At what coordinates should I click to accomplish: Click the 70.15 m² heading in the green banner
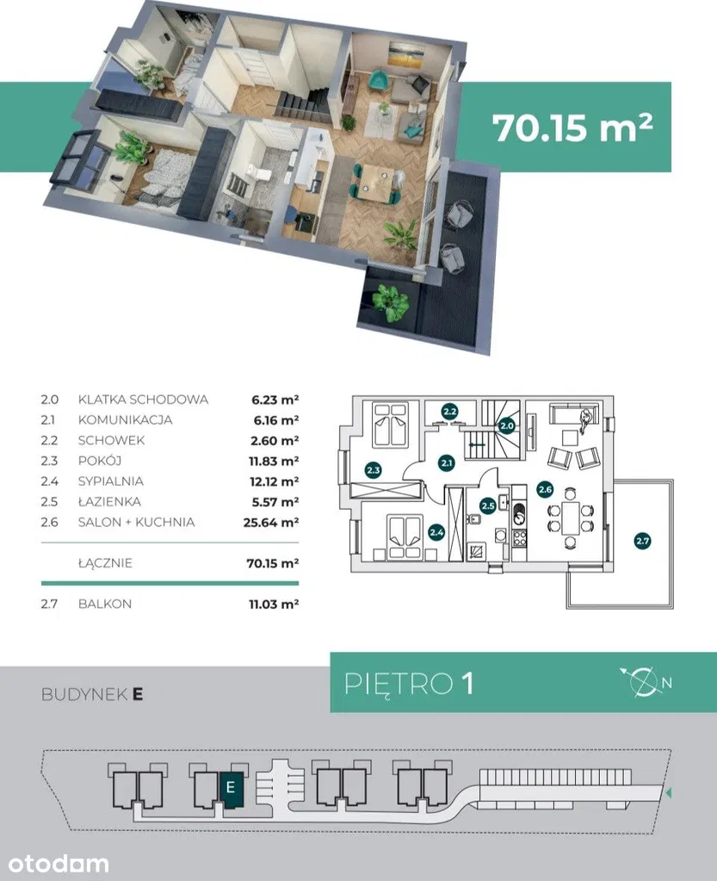pyautogui.click(x=572, y=127)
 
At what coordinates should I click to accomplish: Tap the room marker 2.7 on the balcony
pyautogui.click(x=642, y=541)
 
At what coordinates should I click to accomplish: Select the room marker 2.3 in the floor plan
pyautogui.click(x=373, y=469)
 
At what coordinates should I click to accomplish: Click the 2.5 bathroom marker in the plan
pyautogui.click(x=488, y=506)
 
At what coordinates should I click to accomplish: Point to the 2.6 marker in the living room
pyautogui.click(x=545, y=489)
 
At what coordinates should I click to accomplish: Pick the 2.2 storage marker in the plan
pyautogui.click(x=449, y=412)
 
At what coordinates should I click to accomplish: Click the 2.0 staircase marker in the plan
pyautogui.click(x=507, y=426)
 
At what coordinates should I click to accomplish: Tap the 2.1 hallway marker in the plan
pyautogui.click(x=447, y=463)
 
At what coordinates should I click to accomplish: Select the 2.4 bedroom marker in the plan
pyautogui.click(x=436, y=531)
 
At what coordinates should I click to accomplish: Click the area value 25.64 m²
pyautogui.click(x=270, y=523)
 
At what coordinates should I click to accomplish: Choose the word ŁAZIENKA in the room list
pyautogui.click(x=109, y=501)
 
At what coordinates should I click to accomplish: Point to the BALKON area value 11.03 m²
pyautogui.click(x=274, y=604)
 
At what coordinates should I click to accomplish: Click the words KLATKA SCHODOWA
pyautogui.click(x=143, y=400)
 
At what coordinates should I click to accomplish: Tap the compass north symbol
pyautogui.click(x=646, y=681)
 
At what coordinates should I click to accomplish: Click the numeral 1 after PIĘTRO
pyautogui.click(x=467, y=683)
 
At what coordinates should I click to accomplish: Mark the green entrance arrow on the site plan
pyautogui.click(x=668, y=793)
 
